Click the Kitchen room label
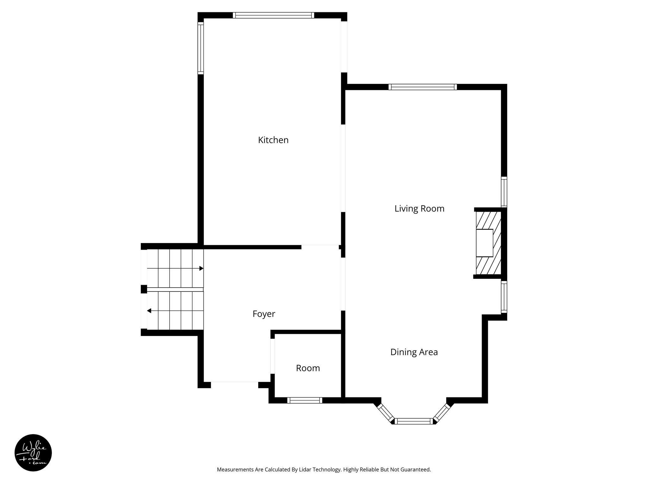click(x=273, y=140)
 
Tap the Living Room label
click(x=419, y=209)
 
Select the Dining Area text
click(x=414, y=352)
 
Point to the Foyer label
click(x=264, y=314)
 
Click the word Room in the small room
click(x=308, y=368)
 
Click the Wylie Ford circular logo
click(x=33, y=453)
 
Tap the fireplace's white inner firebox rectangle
click(x=485, y=243)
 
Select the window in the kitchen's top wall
click(x=273, y=15)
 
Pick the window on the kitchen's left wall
click(x=201, y=48)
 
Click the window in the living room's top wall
click(x=422, y=87)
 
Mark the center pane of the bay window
click(x=414, y=421)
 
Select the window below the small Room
click(x=304, y=400)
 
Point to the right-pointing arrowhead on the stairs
click(x=201, y=268)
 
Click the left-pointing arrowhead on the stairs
click(x=149, y=311)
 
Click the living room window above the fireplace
click(x=504, y=192)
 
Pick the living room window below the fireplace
click(x=504, y=297)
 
